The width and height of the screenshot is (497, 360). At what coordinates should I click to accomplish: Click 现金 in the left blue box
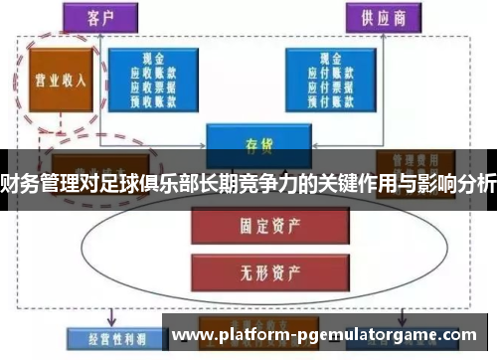point(154,59)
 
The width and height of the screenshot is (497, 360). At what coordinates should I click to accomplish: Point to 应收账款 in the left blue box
point(154,72)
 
